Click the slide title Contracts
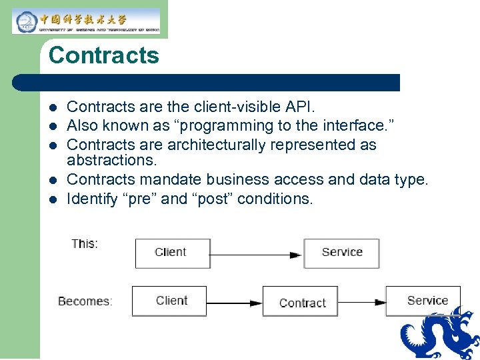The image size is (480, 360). (103, 55)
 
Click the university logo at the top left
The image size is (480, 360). (86, 21)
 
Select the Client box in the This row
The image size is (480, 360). (172, 253)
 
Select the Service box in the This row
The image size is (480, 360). (341, 253)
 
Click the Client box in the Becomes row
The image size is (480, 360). (169, 301)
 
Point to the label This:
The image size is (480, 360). (85, 244)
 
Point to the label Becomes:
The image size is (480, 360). (85, 301)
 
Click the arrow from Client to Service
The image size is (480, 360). (257, 254)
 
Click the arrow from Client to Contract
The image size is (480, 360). (234, 302)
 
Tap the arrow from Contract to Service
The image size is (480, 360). (361, 302)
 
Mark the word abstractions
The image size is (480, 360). (111, 161)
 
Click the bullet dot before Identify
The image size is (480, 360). (53, 199)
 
